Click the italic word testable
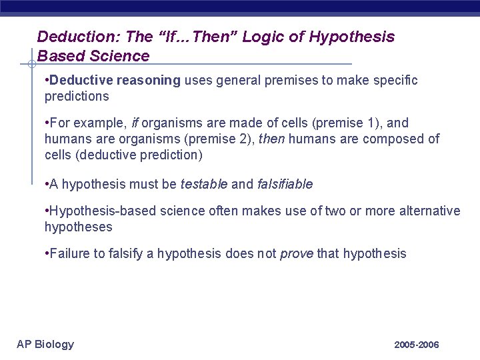coord(204,184)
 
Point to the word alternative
coord(429,211)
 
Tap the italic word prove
coord(297,254)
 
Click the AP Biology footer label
coord(45,344)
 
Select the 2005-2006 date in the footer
coord(417,345)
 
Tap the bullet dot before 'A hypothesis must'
coord(47,184)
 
